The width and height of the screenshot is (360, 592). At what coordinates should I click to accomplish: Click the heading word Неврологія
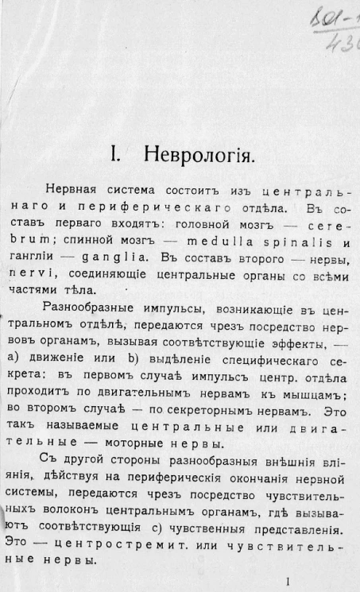[x=199, y=153]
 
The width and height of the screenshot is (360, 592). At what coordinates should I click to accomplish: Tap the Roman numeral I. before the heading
[x=118, y=153]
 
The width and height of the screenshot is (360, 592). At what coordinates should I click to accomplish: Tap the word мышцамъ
[x=317, y=397]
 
